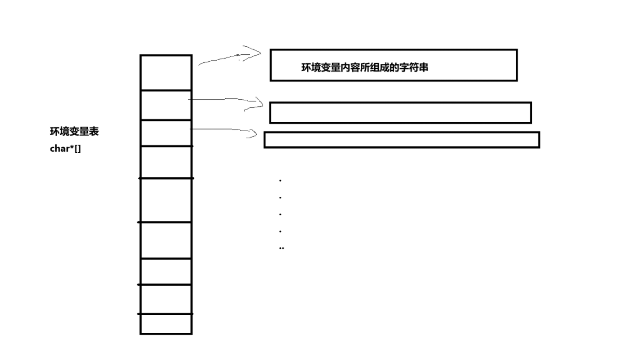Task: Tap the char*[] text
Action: [66, 148]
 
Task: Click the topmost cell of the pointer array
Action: [166, 73]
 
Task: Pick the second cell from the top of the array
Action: [166, 105]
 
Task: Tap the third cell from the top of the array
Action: [166, 133]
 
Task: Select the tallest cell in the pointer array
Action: [166, 200]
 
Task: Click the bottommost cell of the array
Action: [166, 324]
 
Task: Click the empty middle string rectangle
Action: [400, 113]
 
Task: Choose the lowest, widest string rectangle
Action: [401, 140]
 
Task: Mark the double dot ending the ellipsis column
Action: [282, 248]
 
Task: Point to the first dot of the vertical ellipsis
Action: [280, 181]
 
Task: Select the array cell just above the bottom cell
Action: [166, 299]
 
